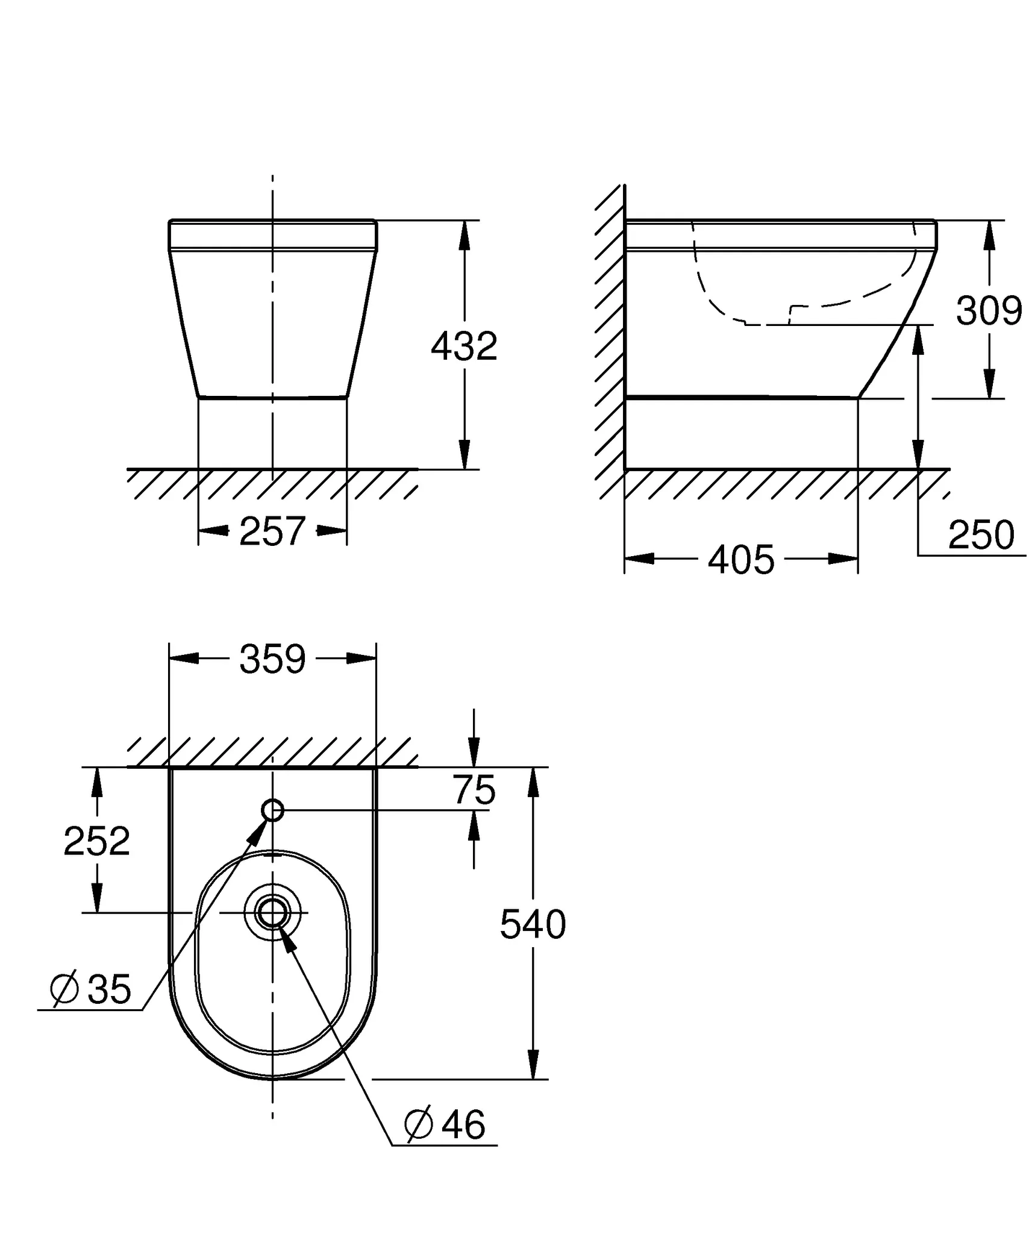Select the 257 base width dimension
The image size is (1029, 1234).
(272, 531)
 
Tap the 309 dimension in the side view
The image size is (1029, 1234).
(988, 311)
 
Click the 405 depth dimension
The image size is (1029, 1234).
(741, 560)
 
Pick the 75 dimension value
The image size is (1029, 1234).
(474, 790)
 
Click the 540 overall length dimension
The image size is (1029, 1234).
(533, 924)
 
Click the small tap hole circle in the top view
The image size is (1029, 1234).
(273, 810)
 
